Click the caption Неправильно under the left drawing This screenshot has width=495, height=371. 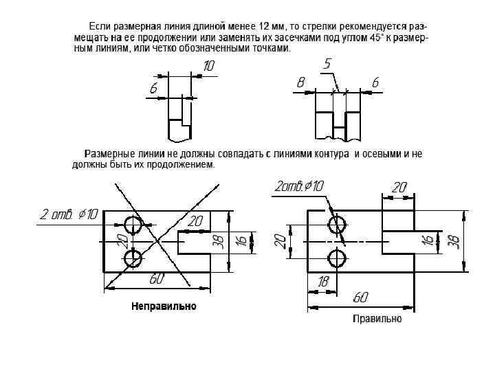(x=164, y=306)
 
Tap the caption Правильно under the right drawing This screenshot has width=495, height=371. (x=377, y=319)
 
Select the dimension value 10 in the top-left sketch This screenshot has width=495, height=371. (x=209, y=66)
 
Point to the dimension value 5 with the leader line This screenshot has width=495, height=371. (x=327, y=64)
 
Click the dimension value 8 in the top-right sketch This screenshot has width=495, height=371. (x=300, y=82)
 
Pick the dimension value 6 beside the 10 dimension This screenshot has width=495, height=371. (x=153, y=88)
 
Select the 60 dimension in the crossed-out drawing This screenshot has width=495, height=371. (x=157, y=279)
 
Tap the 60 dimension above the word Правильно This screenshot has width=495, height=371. (x=360, y=297)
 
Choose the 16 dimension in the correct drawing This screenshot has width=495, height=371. (x=428, y=240)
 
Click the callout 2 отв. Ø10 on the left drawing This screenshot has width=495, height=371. (x=69, y=214)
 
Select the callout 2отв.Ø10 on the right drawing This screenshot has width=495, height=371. (x=299, y=186)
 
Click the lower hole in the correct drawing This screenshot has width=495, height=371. (x=337, y=258)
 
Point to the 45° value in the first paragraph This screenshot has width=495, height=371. (x=376, y=38)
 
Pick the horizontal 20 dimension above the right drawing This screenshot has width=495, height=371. (x=399, y=187)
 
